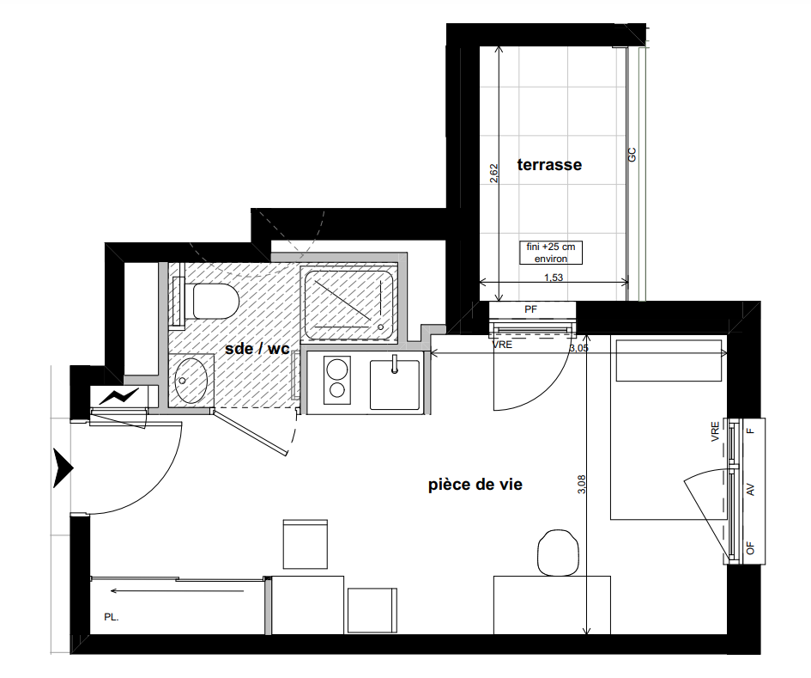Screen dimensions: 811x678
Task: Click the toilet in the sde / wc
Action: (215, 301)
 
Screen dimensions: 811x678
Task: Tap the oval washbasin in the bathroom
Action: (191, 380)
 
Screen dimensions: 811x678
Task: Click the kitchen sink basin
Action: (395, 385)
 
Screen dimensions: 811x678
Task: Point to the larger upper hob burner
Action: (337, 370)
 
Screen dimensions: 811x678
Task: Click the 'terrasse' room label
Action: (549, 165)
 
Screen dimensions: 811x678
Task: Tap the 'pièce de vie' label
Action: (475, 485)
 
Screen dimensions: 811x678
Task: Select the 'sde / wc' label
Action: (257, 349)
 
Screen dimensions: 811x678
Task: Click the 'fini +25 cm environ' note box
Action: (551, 253)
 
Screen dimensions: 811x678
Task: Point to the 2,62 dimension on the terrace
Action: (494, 173)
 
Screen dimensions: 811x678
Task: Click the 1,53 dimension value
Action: (554, 278)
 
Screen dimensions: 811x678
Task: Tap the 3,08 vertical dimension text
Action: (581, 484)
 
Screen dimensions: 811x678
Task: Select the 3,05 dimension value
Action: (578, 348)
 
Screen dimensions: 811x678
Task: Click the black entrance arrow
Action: (64, 468)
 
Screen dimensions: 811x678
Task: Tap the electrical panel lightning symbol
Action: (119, 396)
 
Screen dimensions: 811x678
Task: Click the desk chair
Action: (558, 553)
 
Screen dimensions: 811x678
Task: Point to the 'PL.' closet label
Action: (112, 617)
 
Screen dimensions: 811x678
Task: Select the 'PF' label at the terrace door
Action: (530, 309)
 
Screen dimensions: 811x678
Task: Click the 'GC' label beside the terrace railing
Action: (632, 155)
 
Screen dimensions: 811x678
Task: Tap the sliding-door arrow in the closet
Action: (178, 590)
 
